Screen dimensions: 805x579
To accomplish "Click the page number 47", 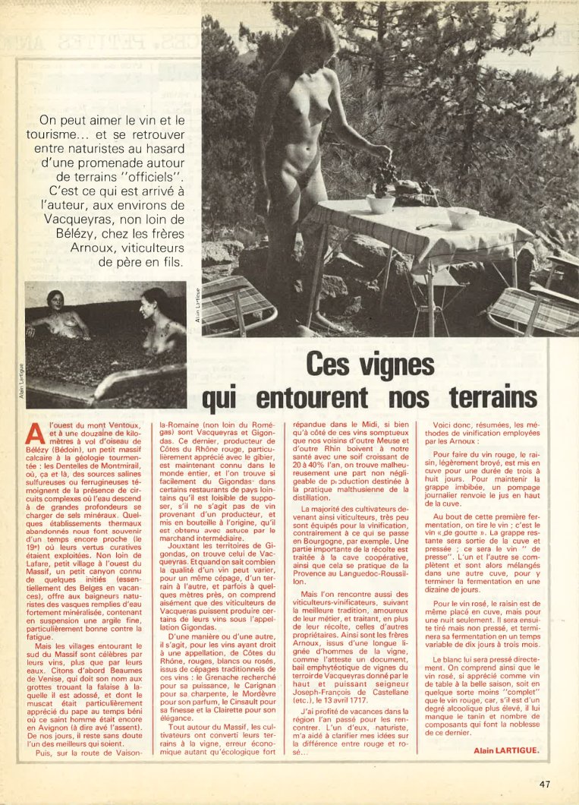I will [545, 784].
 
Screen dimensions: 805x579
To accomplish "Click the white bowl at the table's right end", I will [462, 218].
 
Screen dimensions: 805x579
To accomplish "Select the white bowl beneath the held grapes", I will [380, 204].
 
